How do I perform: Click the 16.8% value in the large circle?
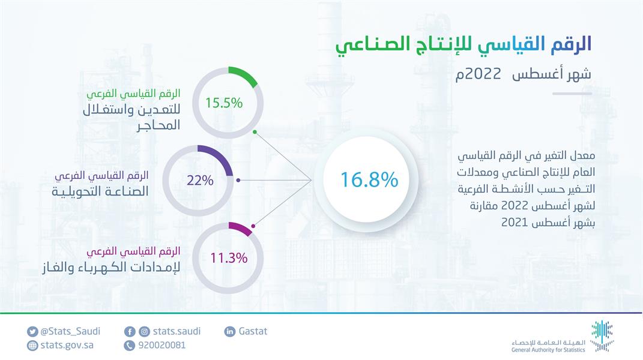click(369, 179)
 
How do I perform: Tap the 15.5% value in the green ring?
click(224, 103)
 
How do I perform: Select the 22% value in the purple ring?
click(200, 179)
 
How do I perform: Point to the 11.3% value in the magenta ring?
click(229, 259)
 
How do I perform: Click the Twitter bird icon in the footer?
click(32, 331)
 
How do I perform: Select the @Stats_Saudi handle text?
click(70, 331)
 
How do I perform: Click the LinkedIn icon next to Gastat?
click(229, 331)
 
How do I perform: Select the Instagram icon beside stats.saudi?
click(144, 331)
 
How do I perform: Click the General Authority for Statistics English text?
click(548, 349)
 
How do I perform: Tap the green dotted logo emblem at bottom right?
click(602, 335)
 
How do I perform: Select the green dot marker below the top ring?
click(255, 131)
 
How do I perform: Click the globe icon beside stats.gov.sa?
click(32, 345)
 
